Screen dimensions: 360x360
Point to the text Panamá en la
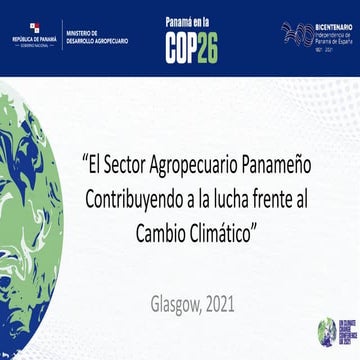click(x=191, y=20)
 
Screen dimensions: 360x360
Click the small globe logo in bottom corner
click(x=326, y=331)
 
